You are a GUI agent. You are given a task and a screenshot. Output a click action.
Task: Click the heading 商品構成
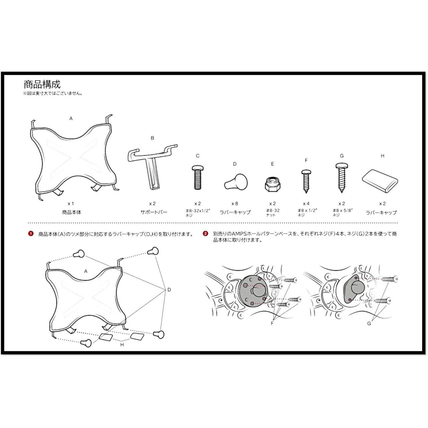coord(42,84)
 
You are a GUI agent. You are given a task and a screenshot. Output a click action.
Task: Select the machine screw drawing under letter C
coord(198,177)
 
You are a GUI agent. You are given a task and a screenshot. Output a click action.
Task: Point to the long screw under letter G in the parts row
coord(342,178)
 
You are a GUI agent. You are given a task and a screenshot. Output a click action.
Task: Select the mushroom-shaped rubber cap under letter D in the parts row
coord(236,182)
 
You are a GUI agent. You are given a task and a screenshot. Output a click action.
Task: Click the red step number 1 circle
coord(31,234)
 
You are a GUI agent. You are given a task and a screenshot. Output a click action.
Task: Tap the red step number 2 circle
coord(206,234)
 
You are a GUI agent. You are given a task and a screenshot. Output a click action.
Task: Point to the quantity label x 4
coord(306,203)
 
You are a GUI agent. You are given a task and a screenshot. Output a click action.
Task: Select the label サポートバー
coord(154,212)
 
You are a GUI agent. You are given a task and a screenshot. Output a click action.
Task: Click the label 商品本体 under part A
coord(72,212)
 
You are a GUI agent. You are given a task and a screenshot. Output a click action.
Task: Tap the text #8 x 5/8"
coord(343,210)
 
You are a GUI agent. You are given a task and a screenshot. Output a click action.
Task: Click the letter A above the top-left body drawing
coord(71,119)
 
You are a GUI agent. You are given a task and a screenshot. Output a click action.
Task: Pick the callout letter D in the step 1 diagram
coord(169,290)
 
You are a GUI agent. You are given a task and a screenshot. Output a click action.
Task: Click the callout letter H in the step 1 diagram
coord(122,345)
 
